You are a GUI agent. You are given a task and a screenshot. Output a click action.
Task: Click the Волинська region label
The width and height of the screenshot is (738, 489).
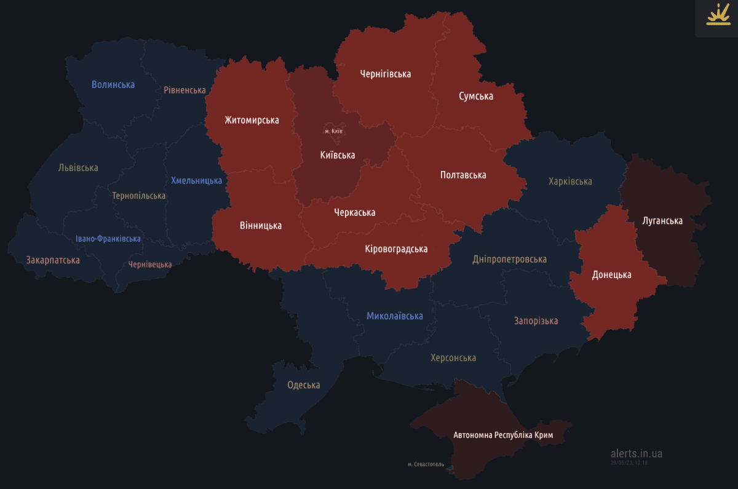[113, 84]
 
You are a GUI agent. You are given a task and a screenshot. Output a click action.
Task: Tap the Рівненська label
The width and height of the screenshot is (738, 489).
[184, 90]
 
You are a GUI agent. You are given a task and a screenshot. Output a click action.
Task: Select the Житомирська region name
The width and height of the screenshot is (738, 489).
[252, 120]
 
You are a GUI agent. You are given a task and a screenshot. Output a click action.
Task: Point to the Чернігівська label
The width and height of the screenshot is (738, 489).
[386, 74]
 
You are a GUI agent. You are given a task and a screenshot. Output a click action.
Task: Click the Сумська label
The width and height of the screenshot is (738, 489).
[476, 96]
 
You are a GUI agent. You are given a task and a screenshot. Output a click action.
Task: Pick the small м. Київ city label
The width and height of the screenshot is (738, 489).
[333, 131]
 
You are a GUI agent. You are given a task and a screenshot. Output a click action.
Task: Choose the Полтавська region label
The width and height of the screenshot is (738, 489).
[463, 175]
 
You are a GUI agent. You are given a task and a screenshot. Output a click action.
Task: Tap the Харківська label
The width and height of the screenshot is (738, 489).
[570, 181]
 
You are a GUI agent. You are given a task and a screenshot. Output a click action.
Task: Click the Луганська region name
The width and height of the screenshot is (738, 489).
[662, 221]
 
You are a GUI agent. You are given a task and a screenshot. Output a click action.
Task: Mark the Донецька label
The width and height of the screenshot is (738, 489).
[611, 275]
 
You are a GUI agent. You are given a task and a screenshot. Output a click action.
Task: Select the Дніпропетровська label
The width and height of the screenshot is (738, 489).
[509, 260]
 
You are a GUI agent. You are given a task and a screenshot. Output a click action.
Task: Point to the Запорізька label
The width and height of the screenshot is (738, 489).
[536, 321]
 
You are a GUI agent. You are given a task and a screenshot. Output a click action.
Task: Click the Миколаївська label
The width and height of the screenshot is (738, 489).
[395, 316]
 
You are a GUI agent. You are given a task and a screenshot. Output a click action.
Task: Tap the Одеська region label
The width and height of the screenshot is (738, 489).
[304, 386]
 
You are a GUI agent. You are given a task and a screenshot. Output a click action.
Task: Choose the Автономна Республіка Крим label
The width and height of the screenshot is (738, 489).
[503, 435]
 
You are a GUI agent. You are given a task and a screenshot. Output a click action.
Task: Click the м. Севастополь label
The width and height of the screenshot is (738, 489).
[426, 464]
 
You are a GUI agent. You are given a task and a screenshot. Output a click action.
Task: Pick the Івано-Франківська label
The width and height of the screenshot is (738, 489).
[108, 239]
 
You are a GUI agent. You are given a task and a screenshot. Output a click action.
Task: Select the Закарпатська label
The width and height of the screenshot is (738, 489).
[53, 260]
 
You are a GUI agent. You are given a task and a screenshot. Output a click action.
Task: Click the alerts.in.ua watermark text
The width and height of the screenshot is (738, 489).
[637, 453]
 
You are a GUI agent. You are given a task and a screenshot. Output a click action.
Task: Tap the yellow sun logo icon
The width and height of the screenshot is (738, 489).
[717, 15]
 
